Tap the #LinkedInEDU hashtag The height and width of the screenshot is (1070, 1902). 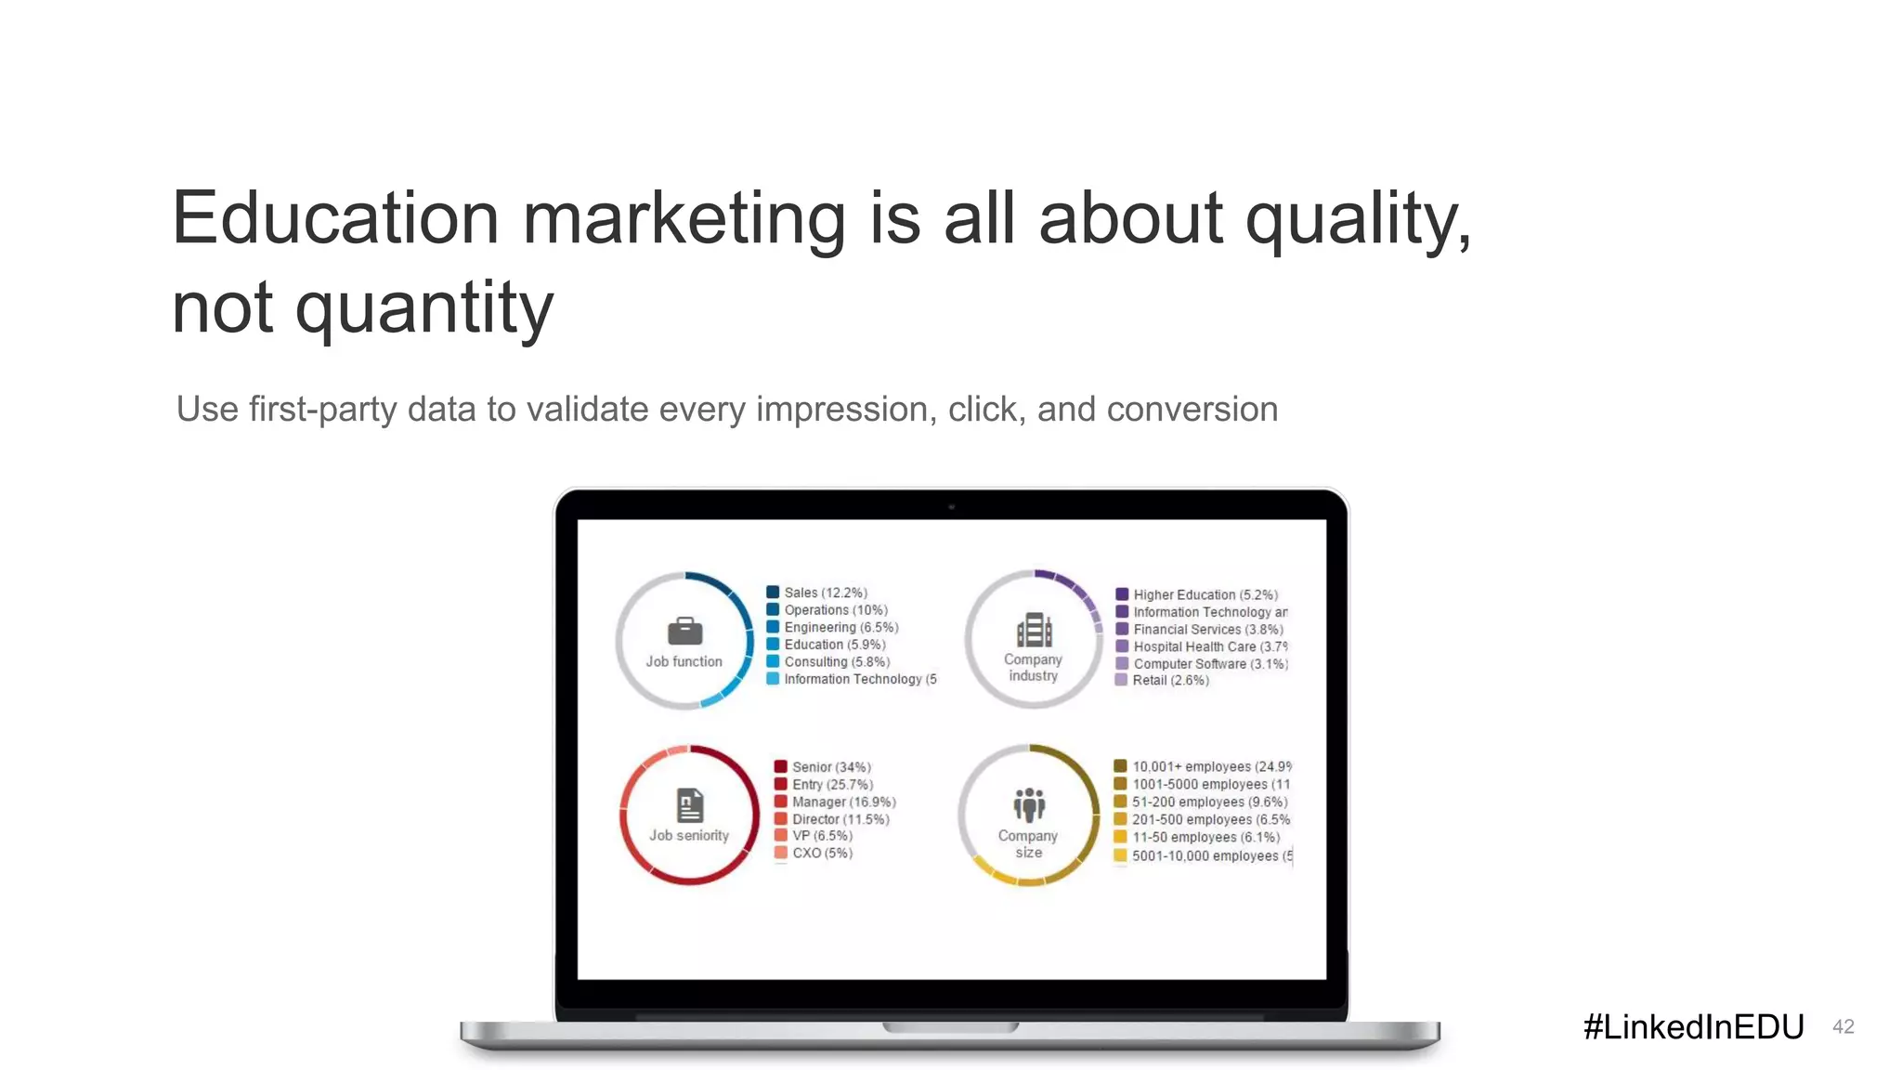tap(1693, 1026)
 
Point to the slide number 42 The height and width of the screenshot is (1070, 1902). tap(1843, 1026)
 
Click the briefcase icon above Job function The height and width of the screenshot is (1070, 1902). tap(684, 632)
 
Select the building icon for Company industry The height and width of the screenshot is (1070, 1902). tap(1034, 630)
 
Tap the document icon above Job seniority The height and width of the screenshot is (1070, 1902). tap(690, 804)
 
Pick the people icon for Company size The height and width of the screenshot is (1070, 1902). tap(1029, 804)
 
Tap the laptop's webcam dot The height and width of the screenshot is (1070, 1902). tap(952, 507)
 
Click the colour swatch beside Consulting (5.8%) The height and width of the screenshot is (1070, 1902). tap(773, 661)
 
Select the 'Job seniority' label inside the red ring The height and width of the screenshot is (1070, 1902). tap(689, 835)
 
